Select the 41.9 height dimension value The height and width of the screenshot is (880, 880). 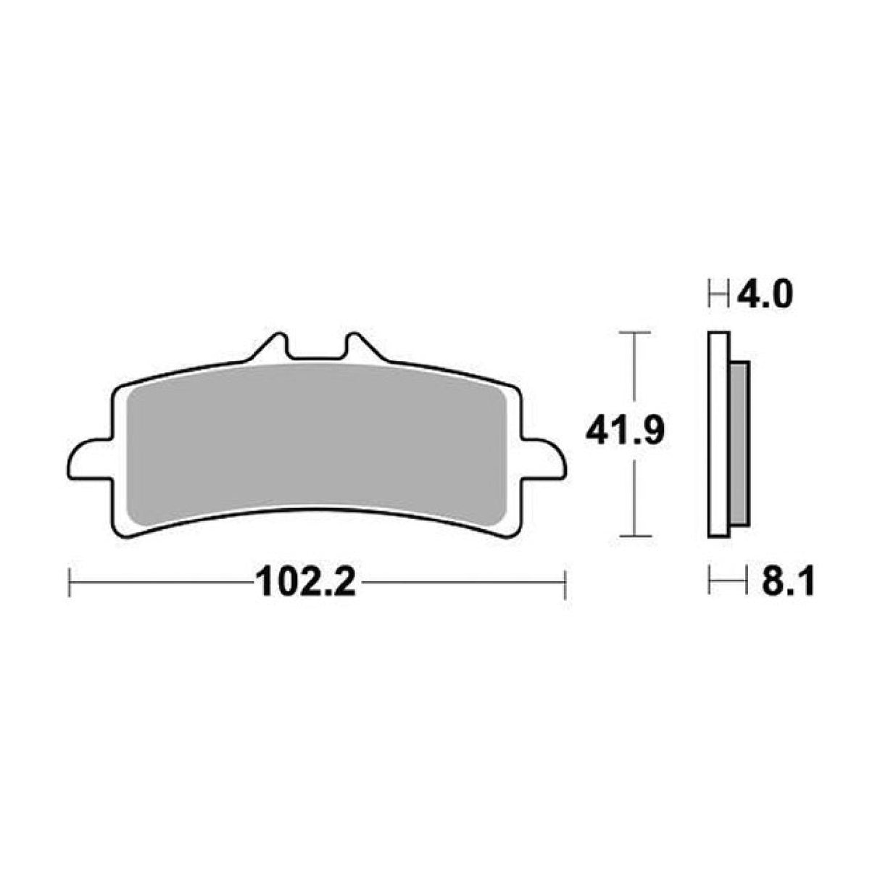(625, 433)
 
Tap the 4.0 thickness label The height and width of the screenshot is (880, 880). (765, 295)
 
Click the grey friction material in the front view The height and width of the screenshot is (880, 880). (315, 446)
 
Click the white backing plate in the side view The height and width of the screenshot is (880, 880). (718, 435)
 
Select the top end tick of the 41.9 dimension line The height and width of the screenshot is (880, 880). (635, 333)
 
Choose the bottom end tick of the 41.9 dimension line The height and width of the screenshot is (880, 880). (635, 536)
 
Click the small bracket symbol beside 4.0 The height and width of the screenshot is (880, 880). (718, 295)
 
